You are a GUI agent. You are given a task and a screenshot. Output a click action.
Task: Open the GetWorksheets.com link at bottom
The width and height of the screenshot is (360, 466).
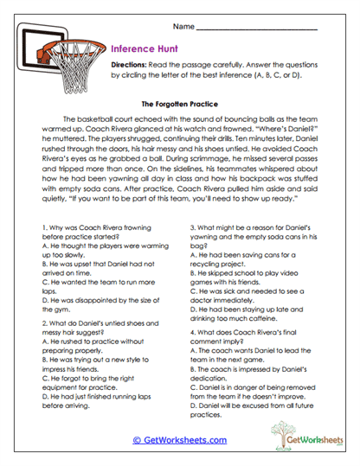click(x=180, y=438)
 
